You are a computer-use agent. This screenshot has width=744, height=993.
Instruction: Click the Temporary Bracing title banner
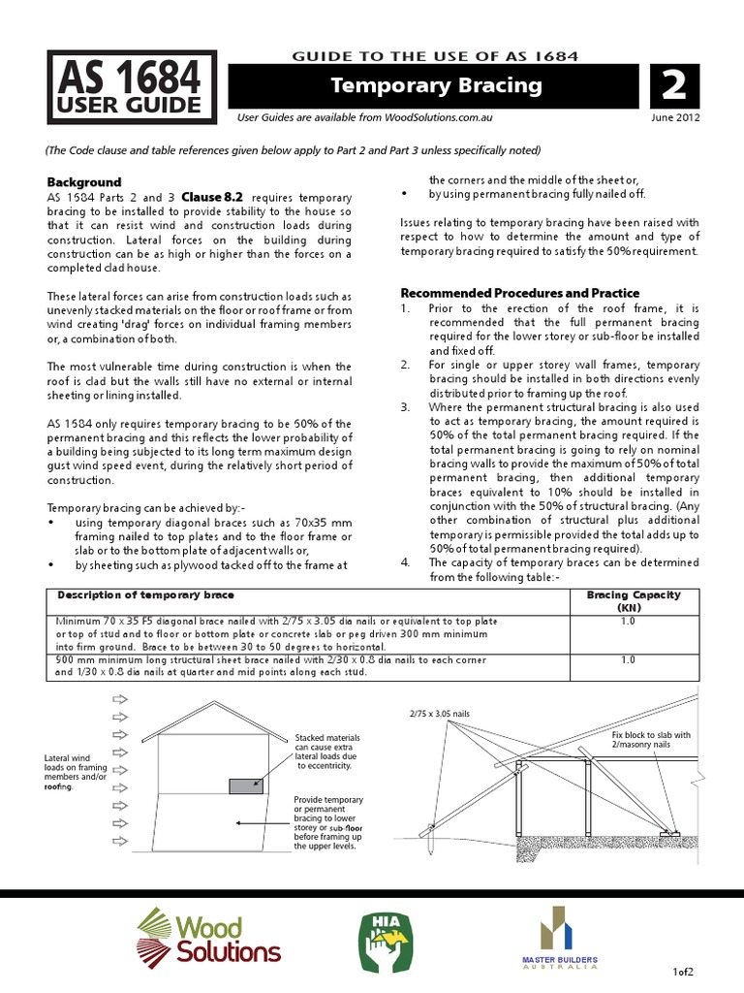tap(436, 85)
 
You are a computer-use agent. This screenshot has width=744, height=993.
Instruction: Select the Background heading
tap(84, 182)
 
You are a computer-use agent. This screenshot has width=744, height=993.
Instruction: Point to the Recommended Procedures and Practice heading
tap(519, 293)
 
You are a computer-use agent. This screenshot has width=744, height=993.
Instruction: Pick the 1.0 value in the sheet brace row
tap(627, 659)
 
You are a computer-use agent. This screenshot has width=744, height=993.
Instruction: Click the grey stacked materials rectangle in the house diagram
tap(245, 785)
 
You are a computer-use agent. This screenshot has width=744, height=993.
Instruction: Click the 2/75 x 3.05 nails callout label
tap(440, 713)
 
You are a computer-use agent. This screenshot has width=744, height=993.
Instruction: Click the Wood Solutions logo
tap(207, 937)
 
